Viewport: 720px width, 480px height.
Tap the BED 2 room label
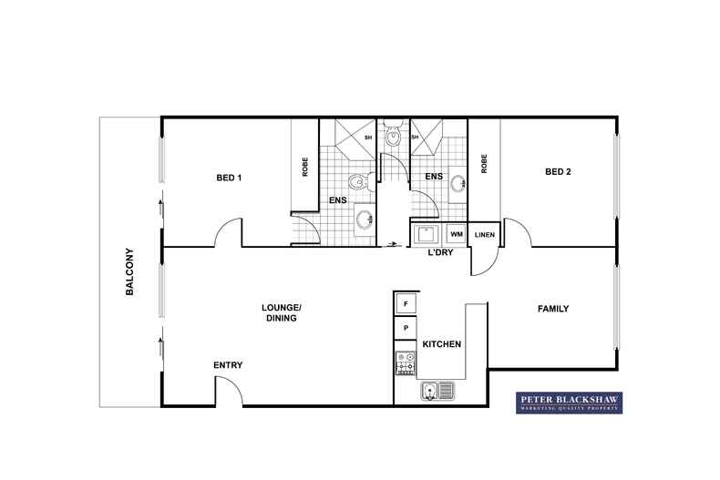click(x=558, y=171)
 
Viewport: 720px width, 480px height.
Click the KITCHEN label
click(x=441, y=344)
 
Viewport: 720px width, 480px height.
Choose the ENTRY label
click(x=228, y=365)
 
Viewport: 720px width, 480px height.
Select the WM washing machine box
click(x=456, y=235)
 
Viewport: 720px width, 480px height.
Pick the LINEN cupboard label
click(x=484, y=235)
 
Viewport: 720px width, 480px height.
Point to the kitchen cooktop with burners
click(x=406, y=362)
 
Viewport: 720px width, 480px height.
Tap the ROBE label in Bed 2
click(x=484, y=164)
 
